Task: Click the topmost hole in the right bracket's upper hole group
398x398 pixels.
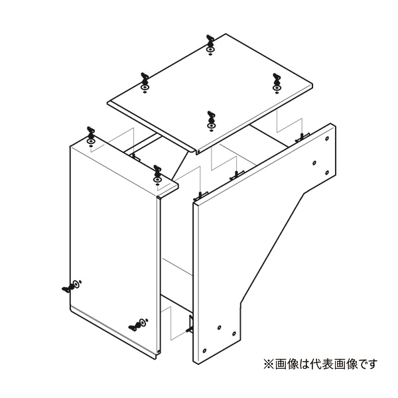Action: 327,139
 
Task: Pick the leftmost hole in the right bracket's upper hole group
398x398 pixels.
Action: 314,163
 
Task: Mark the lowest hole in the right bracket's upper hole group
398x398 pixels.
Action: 327,173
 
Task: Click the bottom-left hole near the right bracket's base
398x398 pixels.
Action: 204,351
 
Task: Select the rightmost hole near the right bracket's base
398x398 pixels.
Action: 234,334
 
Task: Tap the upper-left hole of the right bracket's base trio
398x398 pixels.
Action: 220,328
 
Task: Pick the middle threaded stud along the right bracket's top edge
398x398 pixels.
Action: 237,175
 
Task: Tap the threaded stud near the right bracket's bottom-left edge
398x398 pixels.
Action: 190,324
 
